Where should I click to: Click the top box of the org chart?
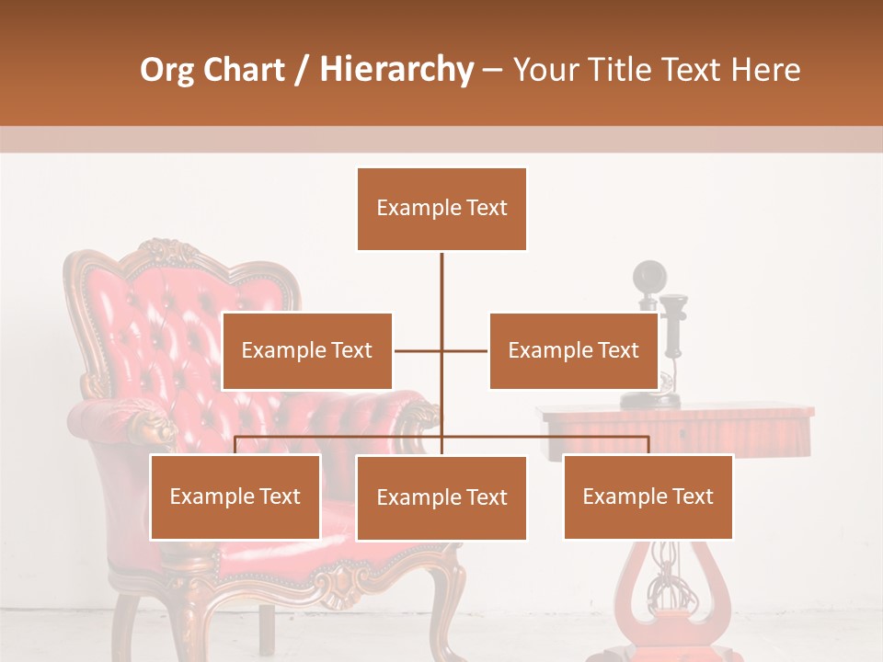point(441,209)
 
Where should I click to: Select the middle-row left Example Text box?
point(307,350)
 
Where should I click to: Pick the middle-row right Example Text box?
point(573,350)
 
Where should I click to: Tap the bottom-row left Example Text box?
point(235,496)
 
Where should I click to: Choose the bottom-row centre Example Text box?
point(441,497)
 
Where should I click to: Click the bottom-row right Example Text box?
point(648,496)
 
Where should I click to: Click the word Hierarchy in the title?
point(396,70)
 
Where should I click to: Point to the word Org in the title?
point(168,70)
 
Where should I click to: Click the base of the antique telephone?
point(649,400)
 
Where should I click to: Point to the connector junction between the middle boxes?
point(441,350)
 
